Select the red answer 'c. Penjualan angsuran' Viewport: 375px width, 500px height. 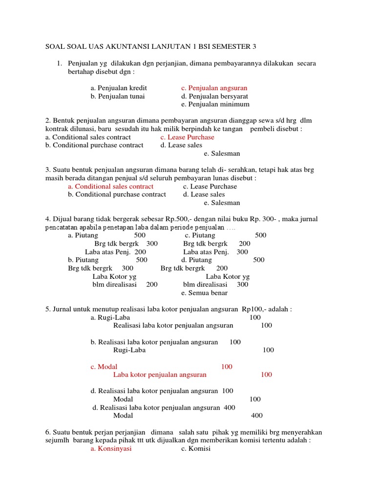pyautogui.click(x=214, y=88)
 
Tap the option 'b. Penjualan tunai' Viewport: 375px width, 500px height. pyautogui.click(x=117, y=96)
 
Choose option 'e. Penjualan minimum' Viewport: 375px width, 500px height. pyautogui.click(x=215, y=104)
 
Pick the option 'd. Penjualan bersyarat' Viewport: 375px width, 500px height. pyautogui.click(x=214, y=96)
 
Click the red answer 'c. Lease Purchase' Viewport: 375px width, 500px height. pyautogui.click(x=187, y=137)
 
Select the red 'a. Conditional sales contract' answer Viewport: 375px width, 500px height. pyautogui.click(x=111, y=187)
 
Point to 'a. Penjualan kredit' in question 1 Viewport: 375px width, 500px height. pyautogui.click(x=119, y=88)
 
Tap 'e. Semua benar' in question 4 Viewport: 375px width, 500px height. pyautogui.click(x=204, y=293)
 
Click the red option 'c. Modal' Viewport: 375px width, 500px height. pyautogui.click(x=104, y=366)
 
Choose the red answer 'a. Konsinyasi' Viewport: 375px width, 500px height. pyautogui.click(x=111, y=449)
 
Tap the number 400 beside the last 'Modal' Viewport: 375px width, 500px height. pyautogui.click(x=257, y=416)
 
